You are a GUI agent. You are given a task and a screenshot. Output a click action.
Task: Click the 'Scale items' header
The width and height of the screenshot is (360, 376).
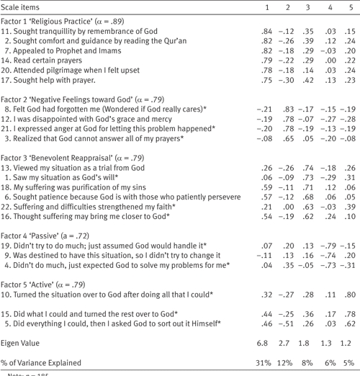24,7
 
